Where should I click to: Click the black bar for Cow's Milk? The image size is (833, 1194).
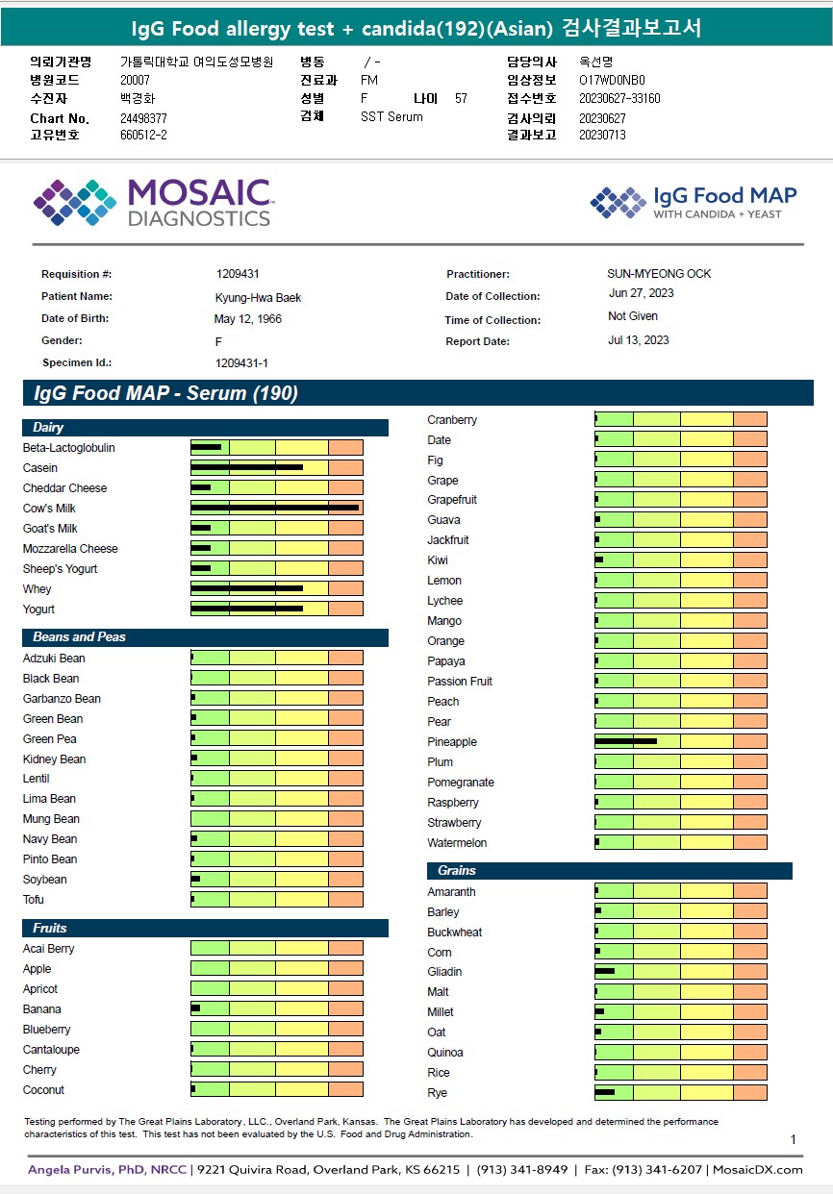tap(274, 508)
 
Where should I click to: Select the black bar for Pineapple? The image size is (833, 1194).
tap(625, 741)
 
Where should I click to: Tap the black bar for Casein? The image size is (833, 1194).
tap(246, 468)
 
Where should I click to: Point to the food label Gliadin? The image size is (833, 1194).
tap(444, 972)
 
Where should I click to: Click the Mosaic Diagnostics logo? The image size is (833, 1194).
tap(153, 202)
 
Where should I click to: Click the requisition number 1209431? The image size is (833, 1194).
tap(238, 274)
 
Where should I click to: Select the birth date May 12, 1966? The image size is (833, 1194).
tap(248, 319)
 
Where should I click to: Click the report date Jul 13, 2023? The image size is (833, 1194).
tap(639, 340)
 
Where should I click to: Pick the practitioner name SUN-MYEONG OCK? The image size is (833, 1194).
tap(659, 274)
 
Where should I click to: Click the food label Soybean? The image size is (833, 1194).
tap(45, 880)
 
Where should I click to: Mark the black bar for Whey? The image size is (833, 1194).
tap(246, 588)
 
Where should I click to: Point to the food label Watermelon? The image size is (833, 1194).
tap(457, 843)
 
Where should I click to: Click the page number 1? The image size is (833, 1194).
tap(794, 1140)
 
